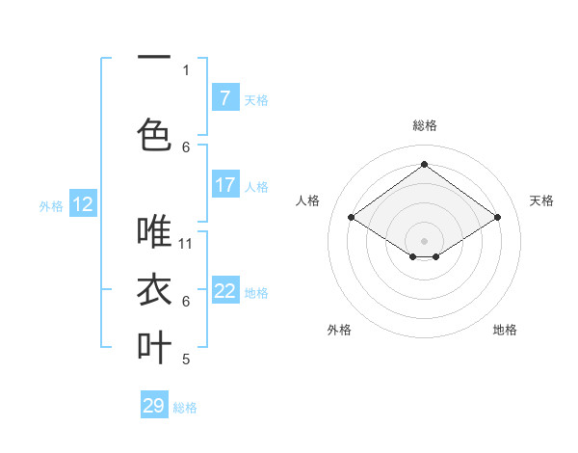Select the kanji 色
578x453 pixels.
coord(154,135)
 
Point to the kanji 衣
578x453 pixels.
coord(154,290)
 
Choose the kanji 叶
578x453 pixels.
coord(154,347)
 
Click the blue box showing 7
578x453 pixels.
coord(225,98)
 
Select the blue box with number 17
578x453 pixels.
coord(225,185)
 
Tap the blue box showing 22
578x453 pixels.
coord(225,291)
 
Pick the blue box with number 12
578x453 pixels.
coord(83,204)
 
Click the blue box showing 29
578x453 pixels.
coord(154,406)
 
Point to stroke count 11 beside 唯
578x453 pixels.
coord(187,243)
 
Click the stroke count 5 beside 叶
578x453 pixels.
coord(186,360)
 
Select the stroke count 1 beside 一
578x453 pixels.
coord(186,69)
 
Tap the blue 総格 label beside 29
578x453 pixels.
coord(186,408)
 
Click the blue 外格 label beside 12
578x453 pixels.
coord(51,205)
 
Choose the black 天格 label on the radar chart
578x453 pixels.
coord(542,200)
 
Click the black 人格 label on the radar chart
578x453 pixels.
coord(308,200)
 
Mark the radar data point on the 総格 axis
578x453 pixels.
coord(424,165)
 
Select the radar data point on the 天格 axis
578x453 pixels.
coord(497,218)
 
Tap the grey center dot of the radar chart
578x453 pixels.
coord(424,239)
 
